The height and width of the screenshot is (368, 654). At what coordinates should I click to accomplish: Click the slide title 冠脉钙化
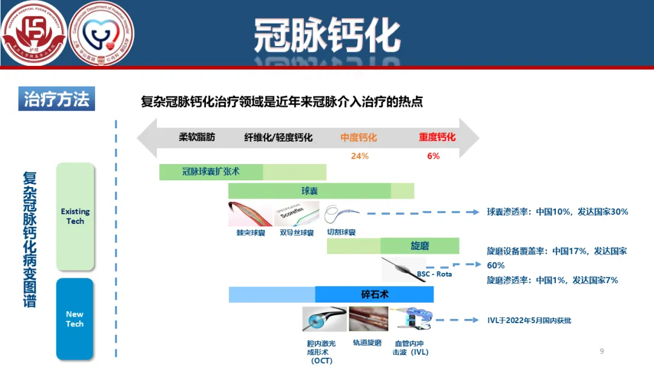pos(326,34)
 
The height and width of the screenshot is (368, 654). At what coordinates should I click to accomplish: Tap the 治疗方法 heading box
pos(56,99)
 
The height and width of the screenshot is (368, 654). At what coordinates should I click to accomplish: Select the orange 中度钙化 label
pos(358,137)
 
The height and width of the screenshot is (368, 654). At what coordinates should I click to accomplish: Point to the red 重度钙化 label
pos(437,137)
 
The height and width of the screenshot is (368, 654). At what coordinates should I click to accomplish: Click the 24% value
pos(360,156)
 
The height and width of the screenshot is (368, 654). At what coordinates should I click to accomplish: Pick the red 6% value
pos(433,156)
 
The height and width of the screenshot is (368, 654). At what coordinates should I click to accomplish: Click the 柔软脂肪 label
pos(197,137)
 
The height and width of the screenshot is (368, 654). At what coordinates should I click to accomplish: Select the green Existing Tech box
pos(75,216)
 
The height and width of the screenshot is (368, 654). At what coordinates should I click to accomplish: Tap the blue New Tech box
pos(74,319)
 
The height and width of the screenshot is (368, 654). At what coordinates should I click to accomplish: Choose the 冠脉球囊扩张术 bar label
pos(211,171)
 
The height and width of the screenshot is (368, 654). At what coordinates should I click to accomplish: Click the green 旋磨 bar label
pos(420,245)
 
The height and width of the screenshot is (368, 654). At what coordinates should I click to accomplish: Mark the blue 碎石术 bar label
pos(374,295)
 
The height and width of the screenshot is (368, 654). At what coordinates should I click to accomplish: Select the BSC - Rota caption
pos(434,274)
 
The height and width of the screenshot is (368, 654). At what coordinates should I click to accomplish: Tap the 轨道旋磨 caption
pos(367,343)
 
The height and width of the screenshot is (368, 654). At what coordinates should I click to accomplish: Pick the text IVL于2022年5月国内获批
pos(529,320)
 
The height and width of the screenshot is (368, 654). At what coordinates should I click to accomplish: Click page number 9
pos(601,351)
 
